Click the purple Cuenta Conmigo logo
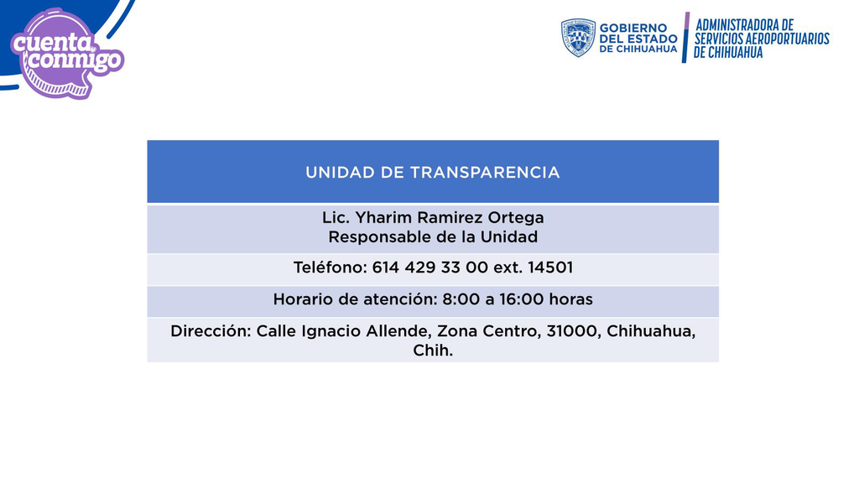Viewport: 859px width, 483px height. [67, 54]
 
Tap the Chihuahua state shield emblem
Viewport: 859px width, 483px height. [578, 38]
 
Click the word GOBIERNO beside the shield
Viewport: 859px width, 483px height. [633, 28]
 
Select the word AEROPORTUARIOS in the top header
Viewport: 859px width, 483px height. [788, 39]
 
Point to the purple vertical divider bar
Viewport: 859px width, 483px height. [686, 37]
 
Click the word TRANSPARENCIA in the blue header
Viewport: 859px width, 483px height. [485, 173]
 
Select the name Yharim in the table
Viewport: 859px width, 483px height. [383, 218]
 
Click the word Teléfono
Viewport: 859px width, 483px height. [330, 267]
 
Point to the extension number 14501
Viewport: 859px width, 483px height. [550, 267]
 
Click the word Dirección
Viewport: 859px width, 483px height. [211, 331]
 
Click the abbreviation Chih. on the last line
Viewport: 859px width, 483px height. [433, 351]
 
